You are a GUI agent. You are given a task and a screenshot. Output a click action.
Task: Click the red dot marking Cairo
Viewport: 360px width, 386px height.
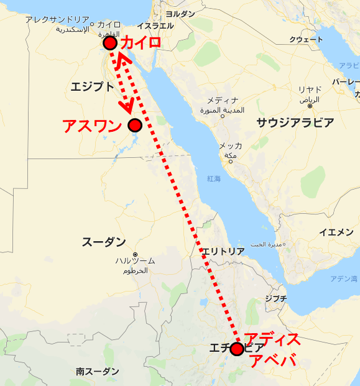click(110, 43)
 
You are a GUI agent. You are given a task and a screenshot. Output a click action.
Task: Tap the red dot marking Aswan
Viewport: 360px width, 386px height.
click(135, 126)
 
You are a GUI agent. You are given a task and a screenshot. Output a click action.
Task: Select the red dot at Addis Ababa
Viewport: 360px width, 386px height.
click(237, 349)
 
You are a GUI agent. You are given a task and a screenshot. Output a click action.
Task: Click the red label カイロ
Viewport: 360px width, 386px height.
click(141, 43)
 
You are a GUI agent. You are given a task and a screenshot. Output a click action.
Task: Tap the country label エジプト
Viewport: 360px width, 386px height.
click(93, 86)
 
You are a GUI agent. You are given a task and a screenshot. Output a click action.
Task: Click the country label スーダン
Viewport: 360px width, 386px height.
click(104, 242)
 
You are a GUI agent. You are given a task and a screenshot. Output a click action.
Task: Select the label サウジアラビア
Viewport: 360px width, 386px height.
click(295, 122)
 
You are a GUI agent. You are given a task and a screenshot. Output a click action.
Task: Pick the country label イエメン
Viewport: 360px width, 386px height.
click(336, 232)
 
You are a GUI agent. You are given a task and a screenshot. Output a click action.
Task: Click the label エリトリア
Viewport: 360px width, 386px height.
click(223, 251)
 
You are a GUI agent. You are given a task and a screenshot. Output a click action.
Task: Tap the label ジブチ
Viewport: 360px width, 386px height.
click(275, 298)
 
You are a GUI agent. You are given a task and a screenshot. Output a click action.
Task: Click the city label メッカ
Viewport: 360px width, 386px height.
click(230, 145)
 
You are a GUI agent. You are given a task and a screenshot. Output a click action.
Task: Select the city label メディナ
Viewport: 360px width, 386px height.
click(223, 100)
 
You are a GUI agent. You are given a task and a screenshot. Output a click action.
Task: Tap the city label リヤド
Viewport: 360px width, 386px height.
click(310, 90)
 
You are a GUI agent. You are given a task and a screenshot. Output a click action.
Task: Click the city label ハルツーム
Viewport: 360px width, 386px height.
click(135, 260)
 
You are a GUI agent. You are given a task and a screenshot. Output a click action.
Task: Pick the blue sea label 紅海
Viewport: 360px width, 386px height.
click(214, 178)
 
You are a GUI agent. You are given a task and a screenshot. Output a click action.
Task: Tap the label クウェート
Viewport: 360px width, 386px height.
click(306, 40)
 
